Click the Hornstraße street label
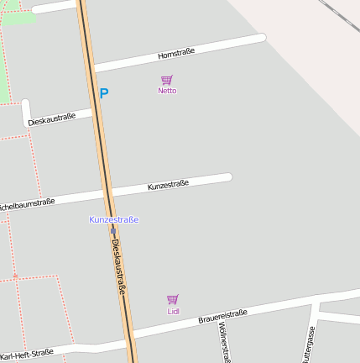tap(176, 53)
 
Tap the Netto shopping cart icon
tap(167, 80)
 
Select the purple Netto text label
tap(167, 91)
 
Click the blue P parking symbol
tap(104, 94)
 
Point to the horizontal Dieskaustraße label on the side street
tap(51, 119)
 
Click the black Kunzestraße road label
tap(168, 184)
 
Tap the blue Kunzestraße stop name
tap(114, 219)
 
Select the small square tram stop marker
tap(112, 230)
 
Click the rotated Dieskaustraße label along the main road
tap(119, 266)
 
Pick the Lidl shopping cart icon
tap(173, 299)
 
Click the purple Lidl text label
tap(174, 312)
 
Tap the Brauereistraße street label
tap(222, 317)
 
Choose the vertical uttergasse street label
tap(308, 345)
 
